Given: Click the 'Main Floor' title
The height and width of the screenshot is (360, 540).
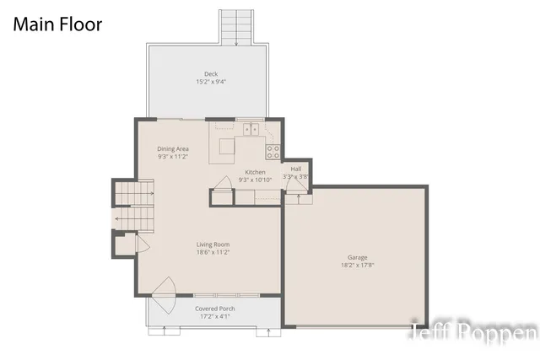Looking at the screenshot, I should click(57, 24).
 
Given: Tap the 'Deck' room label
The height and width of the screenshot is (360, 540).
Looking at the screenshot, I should click(210, 74).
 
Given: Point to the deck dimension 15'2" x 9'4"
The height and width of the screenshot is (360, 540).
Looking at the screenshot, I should click(210, 83).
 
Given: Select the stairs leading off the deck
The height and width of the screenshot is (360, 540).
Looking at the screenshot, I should click(236, 27).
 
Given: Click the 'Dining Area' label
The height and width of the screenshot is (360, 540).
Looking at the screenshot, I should click(172, 148).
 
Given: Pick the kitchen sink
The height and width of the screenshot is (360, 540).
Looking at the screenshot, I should click(251, 130).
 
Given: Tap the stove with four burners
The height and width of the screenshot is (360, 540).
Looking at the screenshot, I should click(273, 152).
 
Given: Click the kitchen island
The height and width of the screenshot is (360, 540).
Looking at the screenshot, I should click(228, 148).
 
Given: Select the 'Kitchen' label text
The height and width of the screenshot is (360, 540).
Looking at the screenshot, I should click(254, 172).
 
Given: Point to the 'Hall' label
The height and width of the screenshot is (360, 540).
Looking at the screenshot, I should click(296, 169).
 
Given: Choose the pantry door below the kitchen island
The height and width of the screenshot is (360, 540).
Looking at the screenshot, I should click(224, 186).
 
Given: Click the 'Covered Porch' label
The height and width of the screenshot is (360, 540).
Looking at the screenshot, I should click(215, 309).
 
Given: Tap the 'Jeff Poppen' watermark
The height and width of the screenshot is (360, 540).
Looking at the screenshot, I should click(473, 332).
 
